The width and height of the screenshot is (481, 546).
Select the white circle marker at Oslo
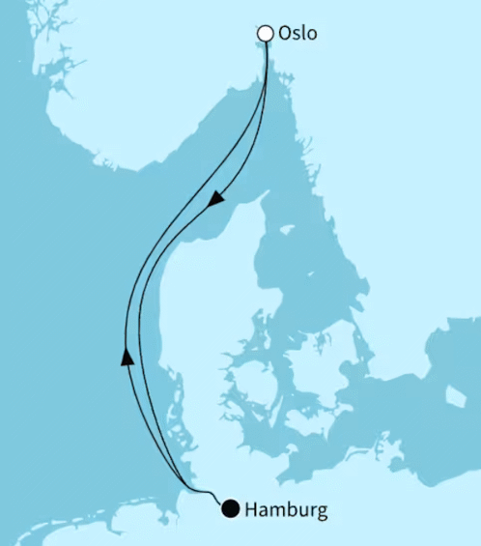point(265,34)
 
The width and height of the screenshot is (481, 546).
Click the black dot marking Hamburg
point(231,507)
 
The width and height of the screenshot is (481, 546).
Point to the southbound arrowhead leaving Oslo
point(218,197)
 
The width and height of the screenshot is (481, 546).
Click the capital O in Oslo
point(285,34)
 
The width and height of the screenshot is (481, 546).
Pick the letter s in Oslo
point(297,36)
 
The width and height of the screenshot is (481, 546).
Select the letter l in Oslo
point(305,34)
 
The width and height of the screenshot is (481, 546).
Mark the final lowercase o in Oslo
point(312,36)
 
